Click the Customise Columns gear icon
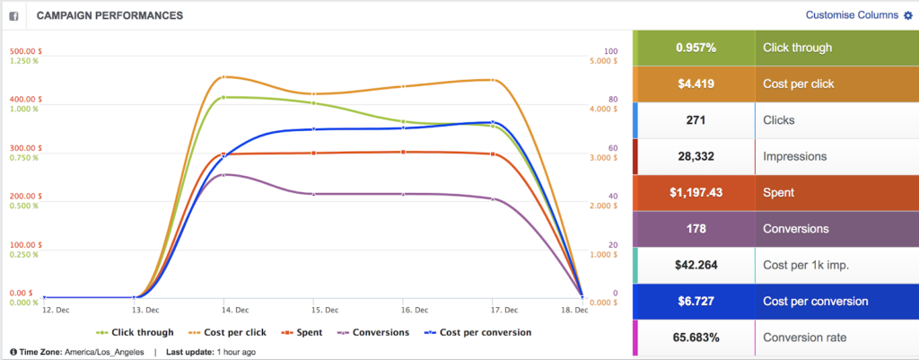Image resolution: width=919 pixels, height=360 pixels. tap(907, 15)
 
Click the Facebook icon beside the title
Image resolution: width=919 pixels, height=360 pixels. tap(15, 15)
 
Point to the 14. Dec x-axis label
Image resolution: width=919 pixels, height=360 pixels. tap(223, 310)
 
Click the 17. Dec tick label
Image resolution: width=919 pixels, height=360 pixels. tap(492, 310)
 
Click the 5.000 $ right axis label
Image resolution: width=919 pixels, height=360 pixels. tap(602, 61)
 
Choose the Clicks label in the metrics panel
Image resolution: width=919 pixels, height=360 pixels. tap(778, 119)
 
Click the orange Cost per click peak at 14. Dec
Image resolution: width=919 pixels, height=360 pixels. tap(223, 77)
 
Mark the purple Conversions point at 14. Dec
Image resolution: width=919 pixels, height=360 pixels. tap(223, 174)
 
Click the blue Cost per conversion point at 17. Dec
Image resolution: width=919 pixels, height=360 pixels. tap(492, 122)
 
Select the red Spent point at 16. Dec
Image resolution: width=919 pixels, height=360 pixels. tap(403, 152)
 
